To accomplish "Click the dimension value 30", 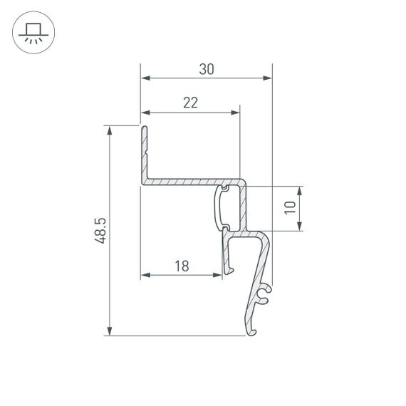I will point(207,69).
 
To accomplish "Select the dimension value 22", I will point(190,103).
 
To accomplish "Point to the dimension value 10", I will point(289,208).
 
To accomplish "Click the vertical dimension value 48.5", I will point(100,231).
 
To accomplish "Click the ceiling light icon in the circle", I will point(33,33).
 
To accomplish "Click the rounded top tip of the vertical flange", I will point(144,128).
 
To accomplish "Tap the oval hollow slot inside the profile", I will point(222,207).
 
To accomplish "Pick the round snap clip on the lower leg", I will point(265,291).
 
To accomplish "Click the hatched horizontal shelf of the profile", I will point(192,182).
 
